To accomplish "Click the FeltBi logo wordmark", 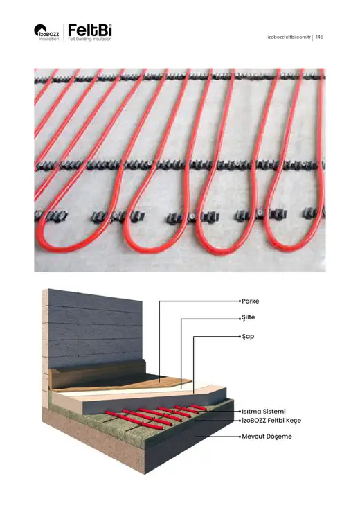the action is click(90, 30).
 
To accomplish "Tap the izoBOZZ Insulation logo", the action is click(46, 33).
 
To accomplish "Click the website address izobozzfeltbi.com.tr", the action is click(289, 37).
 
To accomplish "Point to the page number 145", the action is click(319, 37).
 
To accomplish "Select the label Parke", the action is click(250, 301).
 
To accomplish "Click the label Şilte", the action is click(249, 318).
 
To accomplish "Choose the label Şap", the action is click(248, 337).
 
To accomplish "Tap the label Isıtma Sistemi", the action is click(264, 412).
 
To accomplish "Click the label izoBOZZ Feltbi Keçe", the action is click(271, 421).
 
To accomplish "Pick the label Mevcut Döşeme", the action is click(267, 437).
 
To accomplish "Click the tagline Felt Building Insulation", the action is click(90, 39).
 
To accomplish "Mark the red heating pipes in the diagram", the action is click(156, 416).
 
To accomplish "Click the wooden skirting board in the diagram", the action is click(98, 374).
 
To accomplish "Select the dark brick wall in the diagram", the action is click(94, 328).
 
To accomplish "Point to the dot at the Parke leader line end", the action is click(240, 301).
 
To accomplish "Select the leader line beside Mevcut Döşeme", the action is click(217, 437).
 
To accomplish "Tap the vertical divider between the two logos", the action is click(64, 33).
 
